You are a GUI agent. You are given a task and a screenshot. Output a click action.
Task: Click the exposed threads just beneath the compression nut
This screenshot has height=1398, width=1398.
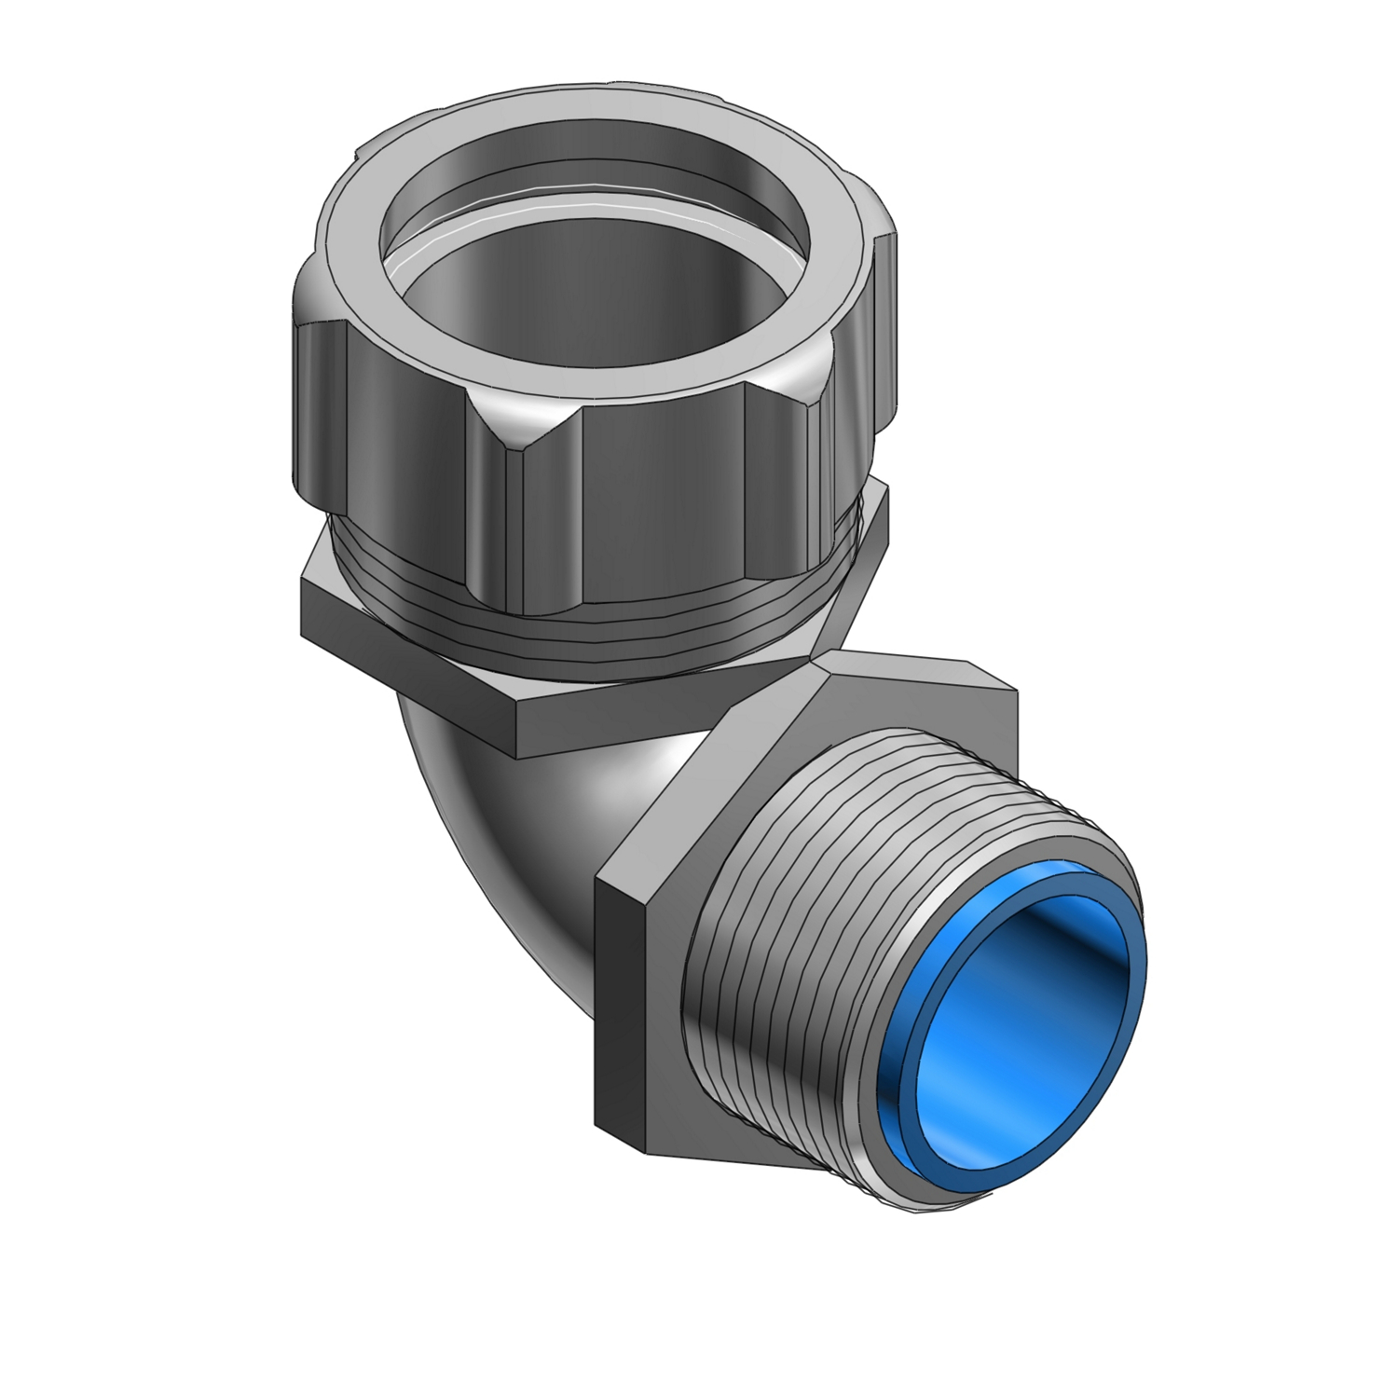596,643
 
